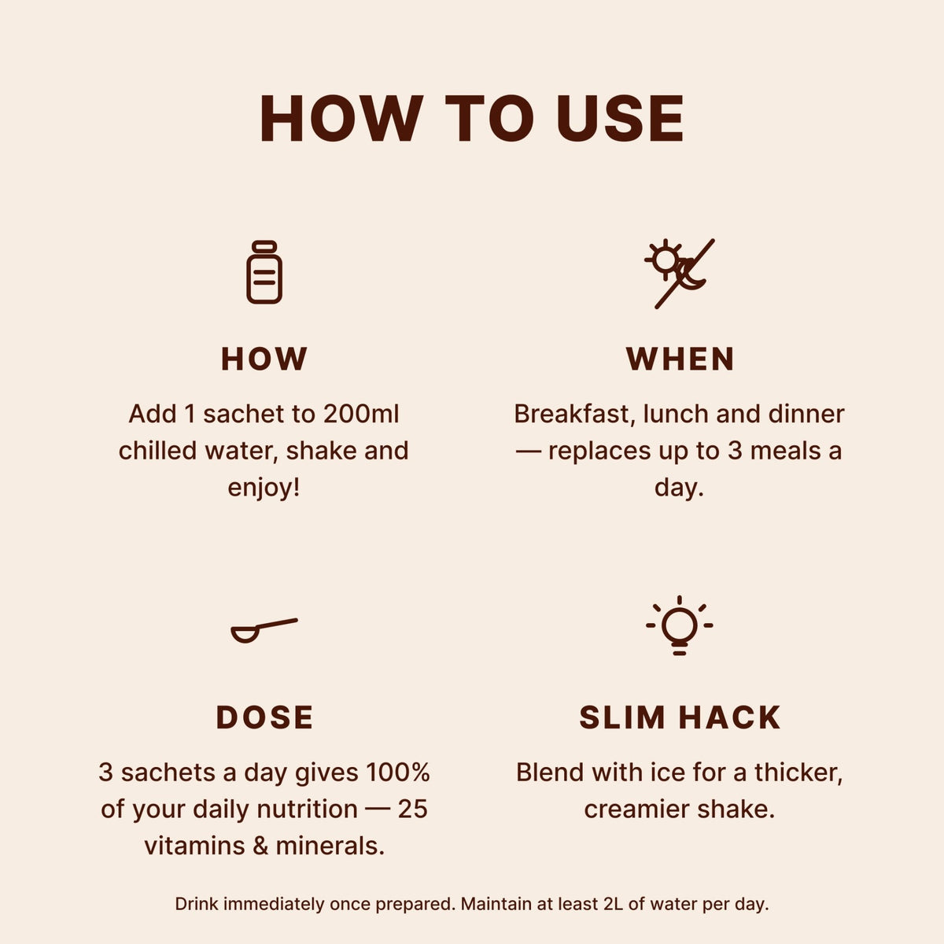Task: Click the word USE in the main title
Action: pos(621,119)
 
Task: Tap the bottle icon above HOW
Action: pos(264,272)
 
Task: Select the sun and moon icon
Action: pos(679,273)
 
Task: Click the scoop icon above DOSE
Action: pos(264,630)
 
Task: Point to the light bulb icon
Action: pos(679,625)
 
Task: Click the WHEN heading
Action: pos(680,359)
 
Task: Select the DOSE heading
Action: pos(264,717)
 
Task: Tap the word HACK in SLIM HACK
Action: pos(729,717)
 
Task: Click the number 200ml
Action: pos(361,414)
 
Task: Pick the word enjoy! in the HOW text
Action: pos(264,488)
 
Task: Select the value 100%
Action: pos(397,773)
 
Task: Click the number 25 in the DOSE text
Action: pos(412,809)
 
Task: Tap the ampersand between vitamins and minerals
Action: pos(260,846)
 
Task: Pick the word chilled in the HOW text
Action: pos(159,451)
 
